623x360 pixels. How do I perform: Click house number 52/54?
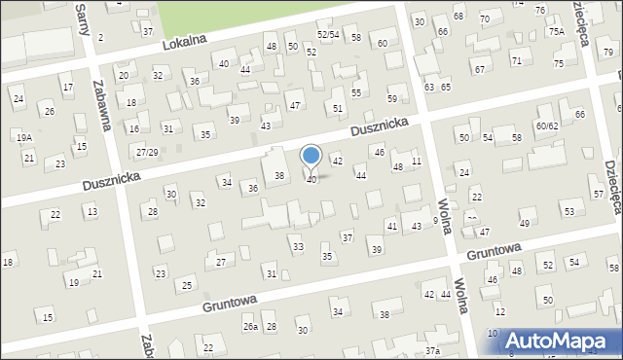point(327,35)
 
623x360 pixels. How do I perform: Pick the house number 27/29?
point(147,153)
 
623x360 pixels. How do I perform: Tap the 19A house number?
point(23,138)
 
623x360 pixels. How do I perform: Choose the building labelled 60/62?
point(547,126)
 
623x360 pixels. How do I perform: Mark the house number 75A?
point(556,31)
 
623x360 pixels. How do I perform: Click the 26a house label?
point(250,327)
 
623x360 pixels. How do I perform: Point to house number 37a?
point(432,350)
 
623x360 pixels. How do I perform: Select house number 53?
point(568,211)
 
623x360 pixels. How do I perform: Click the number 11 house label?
point(417,161)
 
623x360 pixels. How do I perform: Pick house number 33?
point(298,247)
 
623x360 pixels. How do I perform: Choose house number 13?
point(92,211)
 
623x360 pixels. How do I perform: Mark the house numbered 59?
point(392,99)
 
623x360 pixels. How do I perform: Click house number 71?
point(517,61)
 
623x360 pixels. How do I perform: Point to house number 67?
point(479,69)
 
